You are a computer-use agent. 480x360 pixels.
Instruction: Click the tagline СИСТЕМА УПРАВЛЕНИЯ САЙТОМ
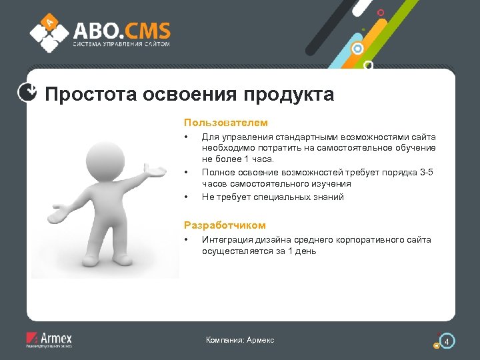(x=121, y=45)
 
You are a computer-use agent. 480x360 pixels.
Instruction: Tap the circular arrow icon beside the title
(x=27, y=92)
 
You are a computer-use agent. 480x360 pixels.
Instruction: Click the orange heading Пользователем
(x=226, y=123)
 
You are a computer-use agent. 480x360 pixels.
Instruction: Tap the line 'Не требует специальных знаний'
(x=273, y=197)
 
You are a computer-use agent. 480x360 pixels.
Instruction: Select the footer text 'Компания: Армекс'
(x=240, y=341)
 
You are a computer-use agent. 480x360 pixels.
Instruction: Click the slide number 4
(x=446, y=341)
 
